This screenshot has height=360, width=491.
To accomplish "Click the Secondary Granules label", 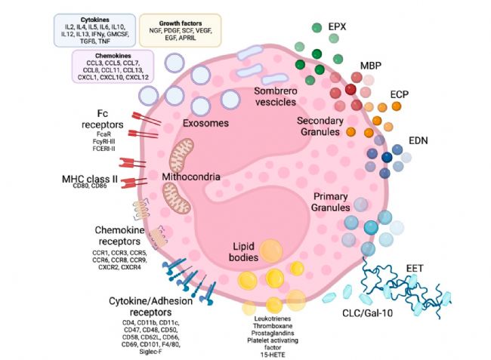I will [x=320, y=127].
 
